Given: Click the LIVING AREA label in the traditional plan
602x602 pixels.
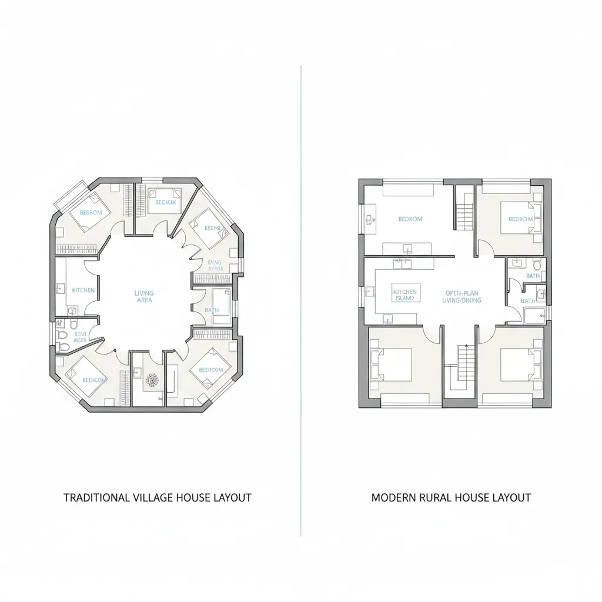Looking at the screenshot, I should [144, 296].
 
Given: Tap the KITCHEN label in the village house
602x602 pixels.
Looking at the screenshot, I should [83, 290].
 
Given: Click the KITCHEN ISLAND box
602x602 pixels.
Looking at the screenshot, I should [404, 295].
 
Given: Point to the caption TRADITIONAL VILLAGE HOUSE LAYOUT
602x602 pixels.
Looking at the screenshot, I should [157, 497].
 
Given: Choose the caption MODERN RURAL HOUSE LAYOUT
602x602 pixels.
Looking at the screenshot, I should [451, 497].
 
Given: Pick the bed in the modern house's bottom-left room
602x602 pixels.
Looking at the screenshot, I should [390, 364].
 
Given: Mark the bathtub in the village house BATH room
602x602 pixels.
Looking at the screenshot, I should [222, 306].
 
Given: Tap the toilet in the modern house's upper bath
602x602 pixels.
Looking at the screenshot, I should [536, 265].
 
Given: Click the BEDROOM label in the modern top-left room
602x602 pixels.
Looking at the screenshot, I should [410, 219].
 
